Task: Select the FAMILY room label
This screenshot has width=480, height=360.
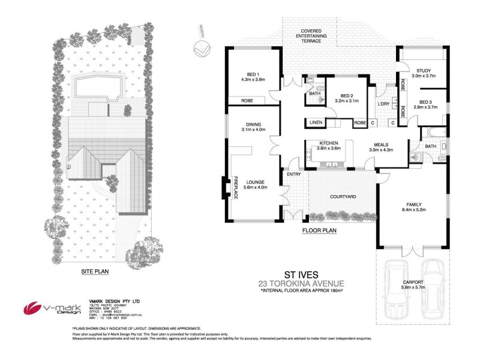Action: pyautogui.click(x=412, y=204)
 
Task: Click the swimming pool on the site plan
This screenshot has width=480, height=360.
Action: pyautogui.click(x=95, y=86)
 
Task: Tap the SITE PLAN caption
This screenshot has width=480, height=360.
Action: pyautogui.click(x=95, y=271)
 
